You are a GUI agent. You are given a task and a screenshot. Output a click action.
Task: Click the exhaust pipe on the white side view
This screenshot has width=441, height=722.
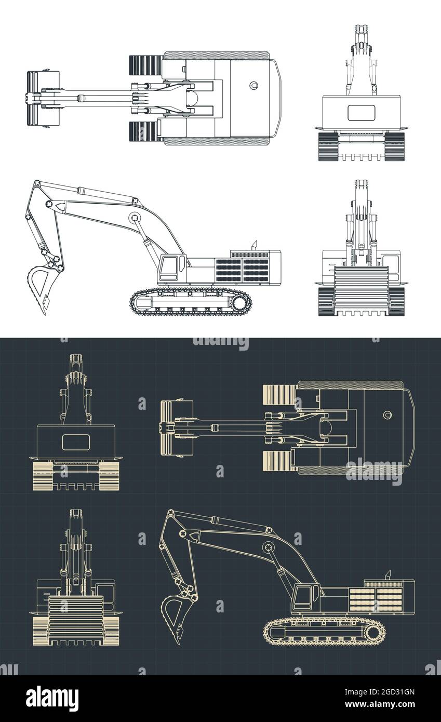click(x=255, y=245)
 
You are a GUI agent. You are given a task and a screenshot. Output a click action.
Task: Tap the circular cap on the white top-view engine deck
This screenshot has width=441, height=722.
click(x=253, y=85)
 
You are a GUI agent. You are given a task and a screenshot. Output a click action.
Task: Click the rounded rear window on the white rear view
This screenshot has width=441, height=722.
click(x=361, y=113)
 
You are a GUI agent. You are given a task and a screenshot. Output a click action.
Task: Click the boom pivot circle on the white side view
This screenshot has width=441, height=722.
click(x=133, y=218)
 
